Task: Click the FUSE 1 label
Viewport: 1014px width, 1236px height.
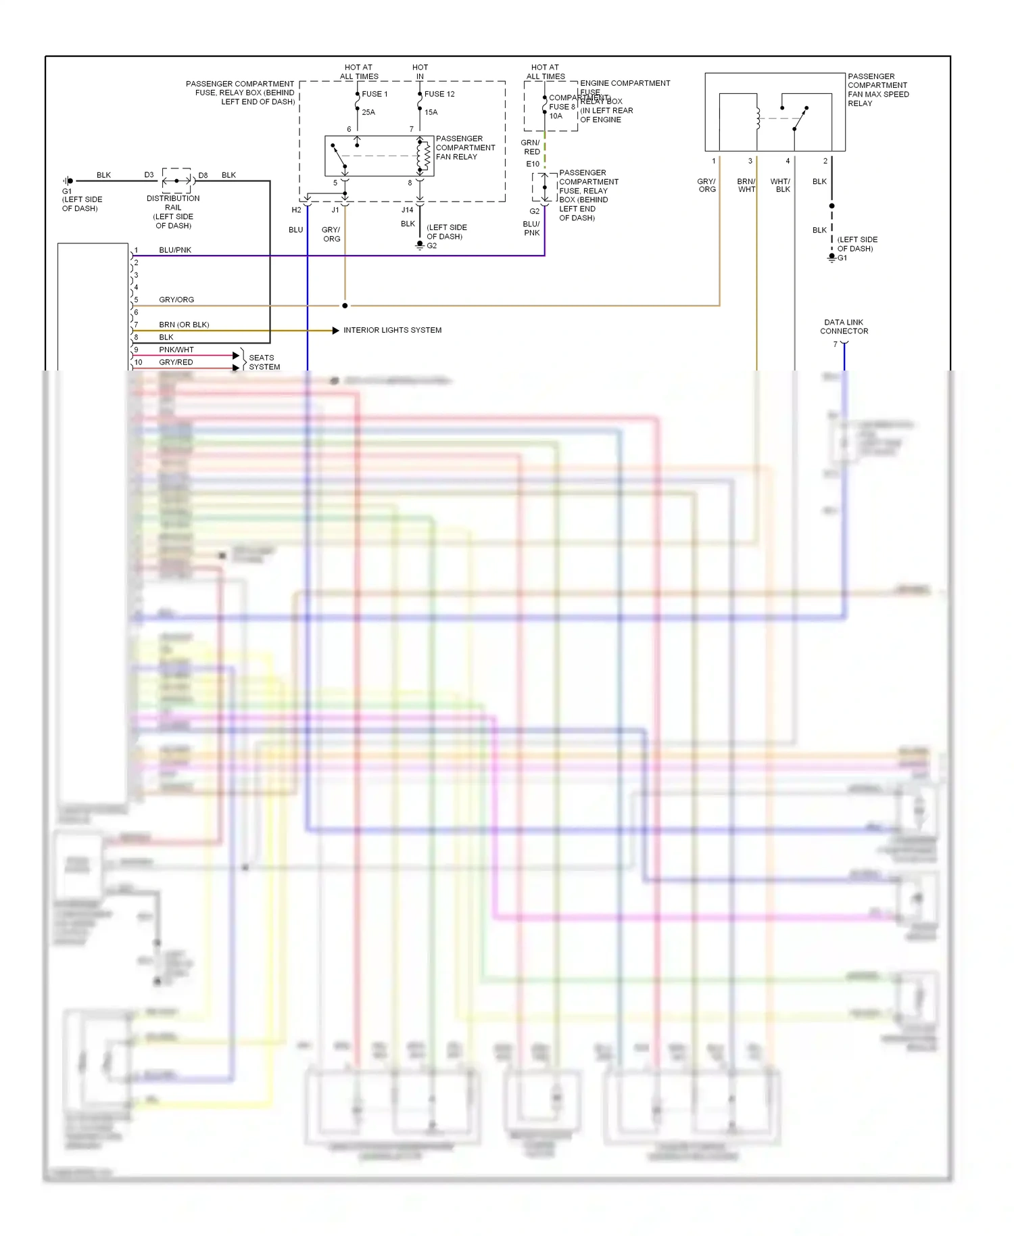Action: [x=375, y=94]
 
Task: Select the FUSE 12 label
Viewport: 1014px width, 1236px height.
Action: [x=439, y=94]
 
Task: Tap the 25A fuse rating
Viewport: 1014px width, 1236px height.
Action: [x=368, y=112]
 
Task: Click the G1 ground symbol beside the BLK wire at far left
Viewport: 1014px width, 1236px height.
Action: [x=68, y=181]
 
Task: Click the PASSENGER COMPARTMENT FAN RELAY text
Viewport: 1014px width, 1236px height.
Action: [x=465, y=147]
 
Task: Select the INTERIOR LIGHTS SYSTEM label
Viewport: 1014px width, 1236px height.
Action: [x=392, y=330]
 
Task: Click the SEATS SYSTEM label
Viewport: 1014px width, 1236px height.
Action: [x=264, y=362]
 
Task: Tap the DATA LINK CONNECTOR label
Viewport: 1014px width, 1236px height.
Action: [x=844, y=327]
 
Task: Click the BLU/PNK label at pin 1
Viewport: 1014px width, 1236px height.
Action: [x=175, y=250]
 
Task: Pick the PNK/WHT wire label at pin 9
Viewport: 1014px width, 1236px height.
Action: [x=176, y=350]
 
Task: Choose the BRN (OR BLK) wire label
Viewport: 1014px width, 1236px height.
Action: [x=184, y=325]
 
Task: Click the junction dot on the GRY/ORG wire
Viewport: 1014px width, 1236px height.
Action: [x=345, y=306]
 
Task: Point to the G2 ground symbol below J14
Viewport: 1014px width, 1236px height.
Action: [x=420, y=245]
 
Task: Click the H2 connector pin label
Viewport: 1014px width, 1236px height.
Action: [x=296, y=210]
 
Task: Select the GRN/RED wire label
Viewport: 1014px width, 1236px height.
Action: [x=531, y=147]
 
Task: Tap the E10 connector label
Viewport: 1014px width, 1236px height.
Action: [x=533, y=164]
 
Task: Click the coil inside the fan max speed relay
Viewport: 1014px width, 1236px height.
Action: [x=758, y=118]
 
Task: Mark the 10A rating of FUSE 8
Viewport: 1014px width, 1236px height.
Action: [x=556, y=116]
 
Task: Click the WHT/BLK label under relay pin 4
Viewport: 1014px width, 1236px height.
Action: [x=780, y=185]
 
